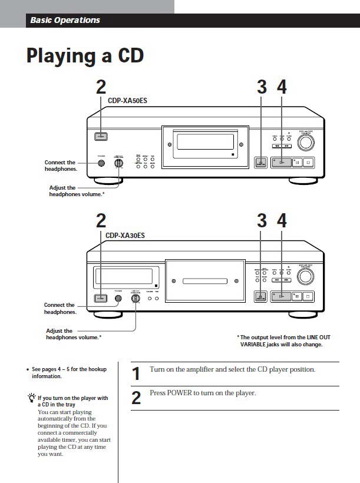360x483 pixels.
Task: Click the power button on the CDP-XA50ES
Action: click(x=101, y=137)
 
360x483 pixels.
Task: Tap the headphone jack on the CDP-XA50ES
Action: click(x=102, y=163)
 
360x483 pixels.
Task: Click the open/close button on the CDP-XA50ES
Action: click(x=261, y=163)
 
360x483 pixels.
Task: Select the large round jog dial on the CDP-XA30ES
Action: click(x=305, y=276)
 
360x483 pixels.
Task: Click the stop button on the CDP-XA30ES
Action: click(x=311, y=297)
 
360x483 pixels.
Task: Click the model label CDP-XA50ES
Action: click(x=127, y=101)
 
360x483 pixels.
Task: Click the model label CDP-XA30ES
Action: click(x=125, y=236)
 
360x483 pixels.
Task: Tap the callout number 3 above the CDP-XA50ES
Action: click(x=262, y=87)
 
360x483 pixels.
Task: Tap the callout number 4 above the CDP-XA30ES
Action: click(x=282, y=221)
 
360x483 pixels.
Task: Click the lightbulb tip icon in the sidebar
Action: click(x=31, y=399)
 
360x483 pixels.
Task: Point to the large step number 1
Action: click(x=136, y=373)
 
